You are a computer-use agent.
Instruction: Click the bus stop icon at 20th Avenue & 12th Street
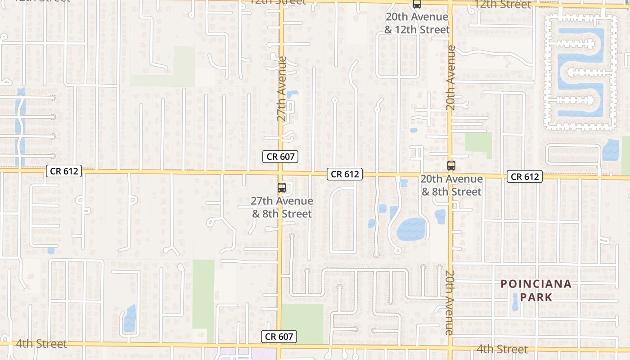pyautogui.click(x=417, y=4)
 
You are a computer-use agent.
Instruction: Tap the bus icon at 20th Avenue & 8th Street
pyautogui.click(x=451, y=166)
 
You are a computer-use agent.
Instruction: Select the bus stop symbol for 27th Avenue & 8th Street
pyautogui.click(x=282, y=188)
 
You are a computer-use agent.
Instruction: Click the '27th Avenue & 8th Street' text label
pyautogui.click(x=282, y=207)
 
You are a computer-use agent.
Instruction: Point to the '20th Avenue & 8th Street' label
pyautogui.click(x=451, y=185)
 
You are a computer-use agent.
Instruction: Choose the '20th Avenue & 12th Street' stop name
pyautogui.click(x=417, y=23)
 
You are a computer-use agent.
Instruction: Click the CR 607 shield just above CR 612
pyautogui.click(x=280, y=157)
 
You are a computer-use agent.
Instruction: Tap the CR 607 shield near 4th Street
pyautogui.click(x=279, y=336)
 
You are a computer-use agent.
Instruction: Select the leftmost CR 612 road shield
pyautogui.click(x=64, y=171)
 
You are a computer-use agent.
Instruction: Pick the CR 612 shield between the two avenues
pyautogui.click(x=345, y=174)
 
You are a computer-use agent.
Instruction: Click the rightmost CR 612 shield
pyautogui.click(x=525, y=176)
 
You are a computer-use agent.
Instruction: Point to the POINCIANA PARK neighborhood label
pyautogui.click(x=535, y=290)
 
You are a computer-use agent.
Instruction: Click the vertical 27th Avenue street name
pyautogui.click(x=282, y=89)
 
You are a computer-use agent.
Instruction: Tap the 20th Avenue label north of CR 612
pyautogui.click(x=451, y=77)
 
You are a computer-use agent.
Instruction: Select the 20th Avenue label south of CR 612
pyautogui.click(x=450, y=302)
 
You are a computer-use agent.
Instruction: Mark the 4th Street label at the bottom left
pyautogui.click(x=41, y=344)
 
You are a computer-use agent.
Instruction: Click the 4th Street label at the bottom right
pyautogui.click(x=502, y=349)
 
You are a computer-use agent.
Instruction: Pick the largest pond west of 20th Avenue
pyautogui.click(x=411, y=229)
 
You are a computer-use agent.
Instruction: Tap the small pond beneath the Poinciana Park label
pyautogui.click(x=515, y=303)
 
